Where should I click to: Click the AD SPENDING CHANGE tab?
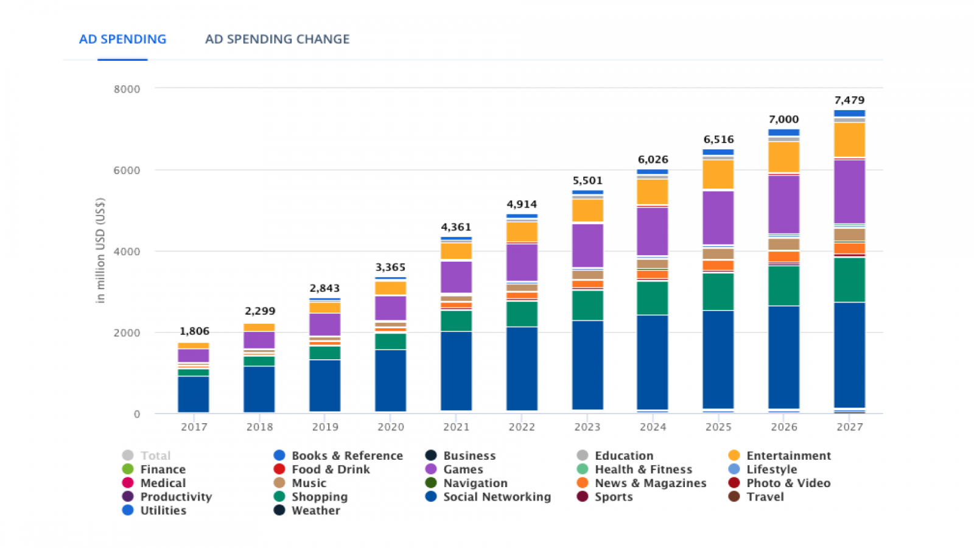277,40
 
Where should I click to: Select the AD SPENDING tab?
122,40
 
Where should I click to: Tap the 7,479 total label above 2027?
849,100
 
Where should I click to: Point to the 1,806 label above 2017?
194,331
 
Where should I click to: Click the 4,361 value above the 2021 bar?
456,227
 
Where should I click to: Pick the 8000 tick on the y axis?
127,90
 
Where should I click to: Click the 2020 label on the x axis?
391,427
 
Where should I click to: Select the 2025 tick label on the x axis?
718,427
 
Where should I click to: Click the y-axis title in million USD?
100,250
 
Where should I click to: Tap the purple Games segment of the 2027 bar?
849,191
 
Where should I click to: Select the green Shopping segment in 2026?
783,286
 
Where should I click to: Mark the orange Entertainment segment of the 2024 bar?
653,192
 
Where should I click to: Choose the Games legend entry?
463,469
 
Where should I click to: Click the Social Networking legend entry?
496,497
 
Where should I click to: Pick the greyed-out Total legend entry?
155,456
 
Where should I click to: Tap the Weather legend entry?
315,511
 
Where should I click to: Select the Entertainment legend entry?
788,456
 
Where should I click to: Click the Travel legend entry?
765,497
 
